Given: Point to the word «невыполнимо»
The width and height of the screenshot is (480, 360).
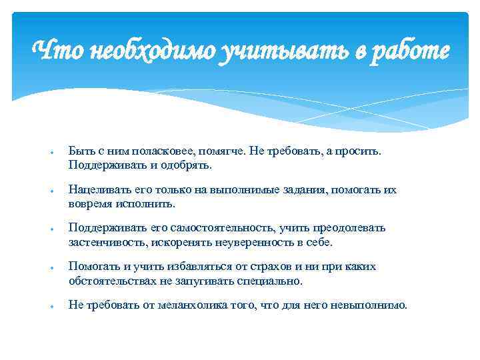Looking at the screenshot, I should click(x=373, y=305).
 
